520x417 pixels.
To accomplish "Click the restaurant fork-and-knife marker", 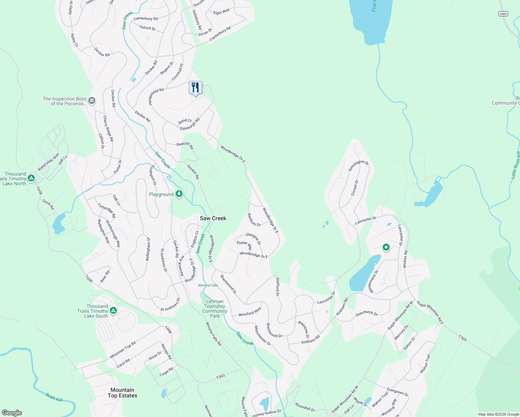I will click(x=195, y=88).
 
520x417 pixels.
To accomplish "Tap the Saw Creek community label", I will click(x=213, y=218).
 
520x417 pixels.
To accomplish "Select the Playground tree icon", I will click(x=179, y=194).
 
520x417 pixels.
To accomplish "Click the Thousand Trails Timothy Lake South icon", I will click(x=113, y=310).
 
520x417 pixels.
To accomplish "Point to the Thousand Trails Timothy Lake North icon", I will click(x=31, y=178).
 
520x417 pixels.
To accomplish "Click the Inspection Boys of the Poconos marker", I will click(x=92, y=101).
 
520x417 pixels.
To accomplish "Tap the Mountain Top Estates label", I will click(x=122, y=393).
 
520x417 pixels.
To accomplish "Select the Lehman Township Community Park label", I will click(x=215, y=309).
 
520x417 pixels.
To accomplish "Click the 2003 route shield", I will click(x=503, y=14).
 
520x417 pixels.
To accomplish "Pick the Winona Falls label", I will click(x=208, y=285).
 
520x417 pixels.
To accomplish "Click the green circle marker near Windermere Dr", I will click(x=386, y=247).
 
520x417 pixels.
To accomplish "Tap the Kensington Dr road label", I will click(x=358, y=165).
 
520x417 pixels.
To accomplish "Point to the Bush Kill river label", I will click(x=54, y=397).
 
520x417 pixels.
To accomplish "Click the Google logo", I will click(x=12, y=413).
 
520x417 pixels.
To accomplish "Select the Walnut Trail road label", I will click(x=425, y=364).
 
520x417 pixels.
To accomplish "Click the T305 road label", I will click(x=462, y=338).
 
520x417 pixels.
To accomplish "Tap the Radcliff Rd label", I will click(x=185, y=145).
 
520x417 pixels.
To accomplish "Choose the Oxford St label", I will click(x=147, y=28).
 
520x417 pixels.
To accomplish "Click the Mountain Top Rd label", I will click(x=123, y=350).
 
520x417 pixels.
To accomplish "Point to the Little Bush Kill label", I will click(x=515, y=165).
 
